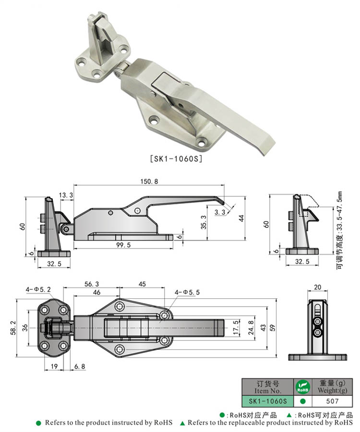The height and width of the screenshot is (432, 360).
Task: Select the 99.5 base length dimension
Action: [123, 245]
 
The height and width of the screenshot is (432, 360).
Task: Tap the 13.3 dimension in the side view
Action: [66, 195]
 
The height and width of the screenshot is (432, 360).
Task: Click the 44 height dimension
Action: [241, 218]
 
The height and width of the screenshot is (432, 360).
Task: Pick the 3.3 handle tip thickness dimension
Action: [220, 211]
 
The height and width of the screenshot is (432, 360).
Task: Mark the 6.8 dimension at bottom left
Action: [79, 367]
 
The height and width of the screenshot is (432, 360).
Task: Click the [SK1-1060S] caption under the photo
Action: [176, 158]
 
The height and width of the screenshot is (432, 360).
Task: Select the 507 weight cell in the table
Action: [332, 400]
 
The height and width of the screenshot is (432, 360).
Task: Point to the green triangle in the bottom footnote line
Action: [182, 423]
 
